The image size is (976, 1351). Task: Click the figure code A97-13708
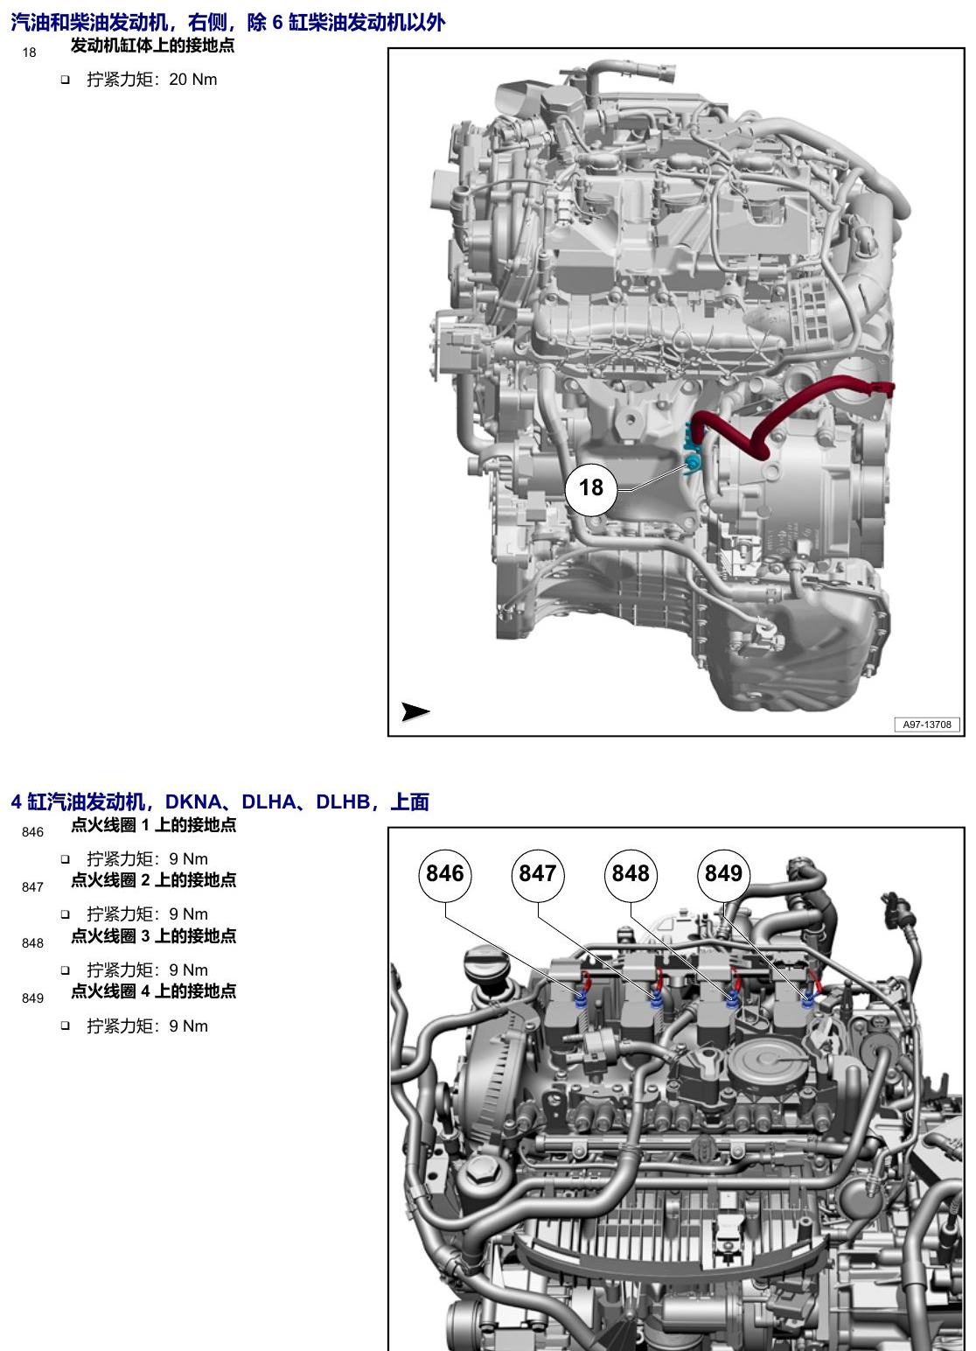pyautogui.click(x=926, y=724)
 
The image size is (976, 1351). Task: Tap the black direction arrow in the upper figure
pyautogui.click(x=415, y=711)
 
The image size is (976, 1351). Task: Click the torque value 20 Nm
pyautogui.click(x=193, y=80)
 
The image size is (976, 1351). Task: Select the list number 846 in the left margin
pyautogui.click(x=32, y=832)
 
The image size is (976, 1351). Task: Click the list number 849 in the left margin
pyautogui.click(x=32, y=998)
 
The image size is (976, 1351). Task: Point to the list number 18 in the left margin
pyautogui.click(x=29, y=53)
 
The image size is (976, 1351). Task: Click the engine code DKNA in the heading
pyautogui.click(x=193, y=801)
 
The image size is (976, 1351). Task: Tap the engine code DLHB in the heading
pyautogui.click(x=343, y=801)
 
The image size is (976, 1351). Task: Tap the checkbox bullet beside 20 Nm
pyautogui.click(x=65, y=80)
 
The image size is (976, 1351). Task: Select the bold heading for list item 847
pyautogui.click(x=154, y=880)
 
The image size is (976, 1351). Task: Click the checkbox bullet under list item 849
pyautogui.click(x=65, y=1025)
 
